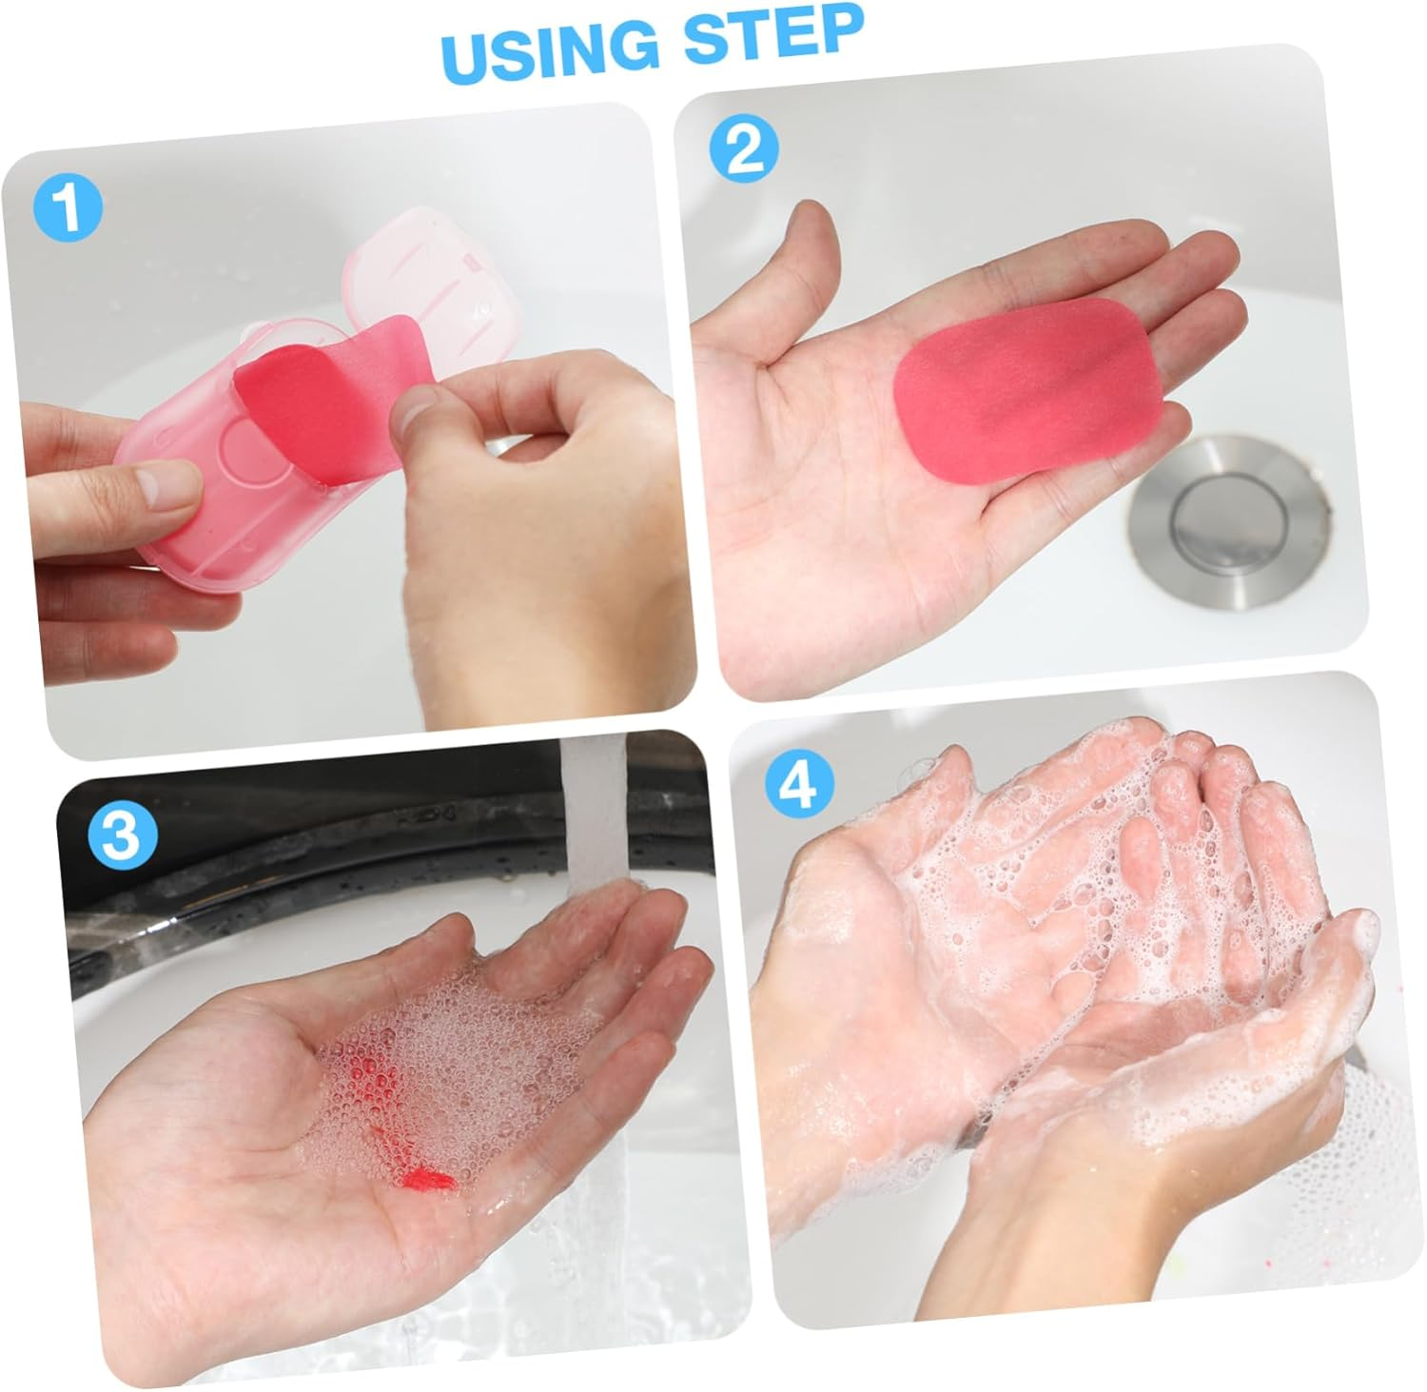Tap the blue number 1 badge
point(68,209)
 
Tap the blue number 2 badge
point(745,149)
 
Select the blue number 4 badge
point(800,785)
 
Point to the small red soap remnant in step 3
point(428,1181)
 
